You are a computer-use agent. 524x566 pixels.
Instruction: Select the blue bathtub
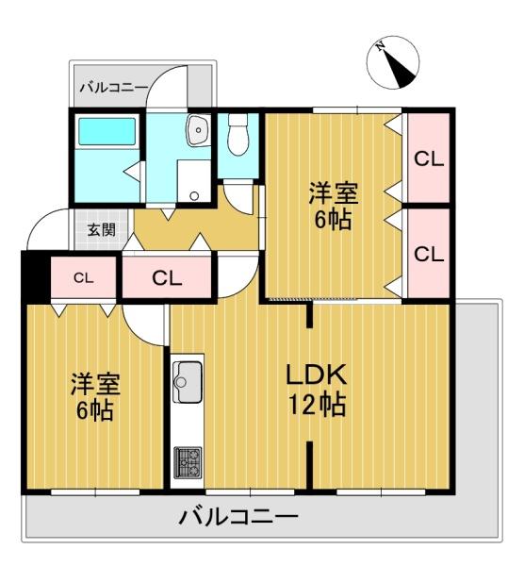106,131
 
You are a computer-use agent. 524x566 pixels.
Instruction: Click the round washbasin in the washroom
198,131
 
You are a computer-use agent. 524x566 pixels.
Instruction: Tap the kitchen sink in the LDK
184,381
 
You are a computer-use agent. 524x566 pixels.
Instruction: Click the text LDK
317,375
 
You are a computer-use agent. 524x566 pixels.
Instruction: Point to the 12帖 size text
317,407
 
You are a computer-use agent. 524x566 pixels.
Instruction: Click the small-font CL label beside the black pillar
84,277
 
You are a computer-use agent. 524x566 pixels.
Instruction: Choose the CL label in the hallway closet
168,278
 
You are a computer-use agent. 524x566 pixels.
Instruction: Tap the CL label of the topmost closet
429,158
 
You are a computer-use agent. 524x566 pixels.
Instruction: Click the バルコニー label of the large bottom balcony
237,517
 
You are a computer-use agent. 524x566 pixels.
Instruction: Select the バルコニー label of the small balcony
112,88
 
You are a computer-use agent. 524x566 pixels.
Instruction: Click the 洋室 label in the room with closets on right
334,195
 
